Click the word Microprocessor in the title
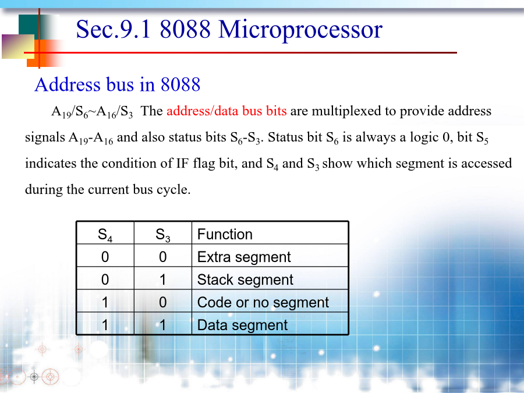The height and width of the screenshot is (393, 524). coord(300,30)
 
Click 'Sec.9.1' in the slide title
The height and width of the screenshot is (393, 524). coord(114,29)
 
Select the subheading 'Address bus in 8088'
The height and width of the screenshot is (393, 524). coord(118,84)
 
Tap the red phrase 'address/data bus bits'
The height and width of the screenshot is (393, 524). coord(226,111)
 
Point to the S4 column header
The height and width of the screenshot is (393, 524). coord(105,235)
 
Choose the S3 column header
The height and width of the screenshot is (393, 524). coord(163,235)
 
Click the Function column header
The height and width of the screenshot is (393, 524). coord(225,234)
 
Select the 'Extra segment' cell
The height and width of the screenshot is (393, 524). coord(244,257)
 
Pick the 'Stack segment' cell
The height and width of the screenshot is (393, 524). coord(245,280)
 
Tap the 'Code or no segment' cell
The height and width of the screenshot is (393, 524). coord(263,303)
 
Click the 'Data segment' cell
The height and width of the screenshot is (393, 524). coord(242,325)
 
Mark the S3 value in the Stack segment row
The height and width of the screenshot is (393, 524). coord(163,280)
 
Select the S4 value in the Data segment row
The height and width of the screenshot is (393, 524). coord(105,325)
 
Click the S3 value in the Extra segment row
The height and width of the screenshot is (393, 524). coord(163,257)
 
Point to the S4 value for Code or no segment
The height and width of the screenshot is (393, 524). coord(105,303)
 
